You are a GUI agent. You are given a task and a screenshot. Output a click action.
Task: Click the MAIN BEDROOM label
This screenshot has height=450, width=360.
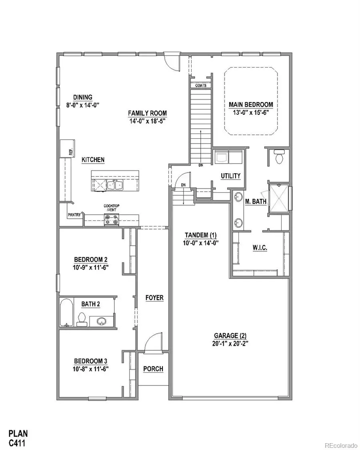coord(251,105)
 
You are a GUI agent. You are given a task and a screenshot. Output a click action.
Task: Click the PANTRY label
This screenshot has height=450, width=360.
coord(74,215)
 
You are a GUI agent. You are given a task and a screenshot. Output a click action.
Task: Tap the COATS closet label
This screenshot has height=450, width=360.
coord(201,86)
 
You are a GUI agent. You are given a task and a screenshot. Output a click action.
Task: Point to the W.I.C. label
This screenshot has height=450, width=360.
coord(260,248)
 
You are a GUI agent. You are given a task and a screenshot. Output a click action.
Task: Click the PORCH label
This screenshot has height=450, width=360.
coord(154,369)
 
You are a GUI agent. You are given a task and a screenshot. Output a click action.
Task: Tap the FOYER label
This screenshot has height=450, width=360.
coord(154,298)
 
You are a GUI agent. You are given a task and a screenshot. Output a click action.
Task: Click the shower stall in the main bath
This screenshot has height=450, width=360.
coord(278,198)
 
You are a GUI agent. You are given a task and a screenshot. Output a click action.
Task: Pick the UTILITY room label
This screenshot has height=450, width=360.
coord(230,176)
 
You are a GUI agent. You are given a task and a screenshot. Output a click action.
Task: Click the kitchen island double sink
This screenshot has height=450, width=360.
coord(115,184)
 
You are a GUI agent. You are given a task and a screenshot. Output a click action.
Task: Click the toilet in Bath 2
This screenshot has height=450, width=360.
coord(82,317)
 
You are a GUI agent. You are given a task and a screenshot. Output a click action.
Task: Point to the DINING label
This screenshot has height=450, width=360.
coord(83,97)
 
